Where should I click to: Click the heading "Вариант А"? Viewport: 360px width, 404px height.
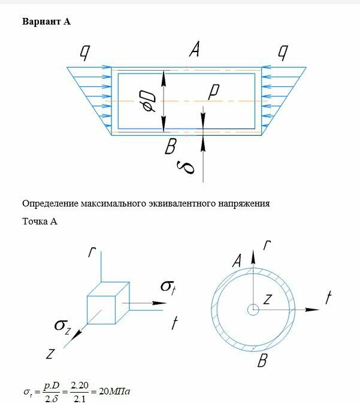point(46,22)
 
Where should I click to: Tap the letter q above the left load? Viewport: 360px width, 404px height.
point(85,54)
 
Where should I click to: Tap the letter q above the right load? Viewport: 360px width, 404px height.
point(281,54)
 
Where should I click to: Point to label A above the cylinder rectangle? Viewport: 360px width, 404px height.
point(194,50)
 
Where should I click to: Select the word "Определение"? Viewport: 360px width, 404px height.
point(49,203)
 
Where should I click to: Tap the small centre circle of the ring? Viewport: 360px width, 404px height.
point(253,309)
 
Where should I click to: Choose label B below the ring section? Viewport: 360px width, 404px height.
point(262,361)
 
